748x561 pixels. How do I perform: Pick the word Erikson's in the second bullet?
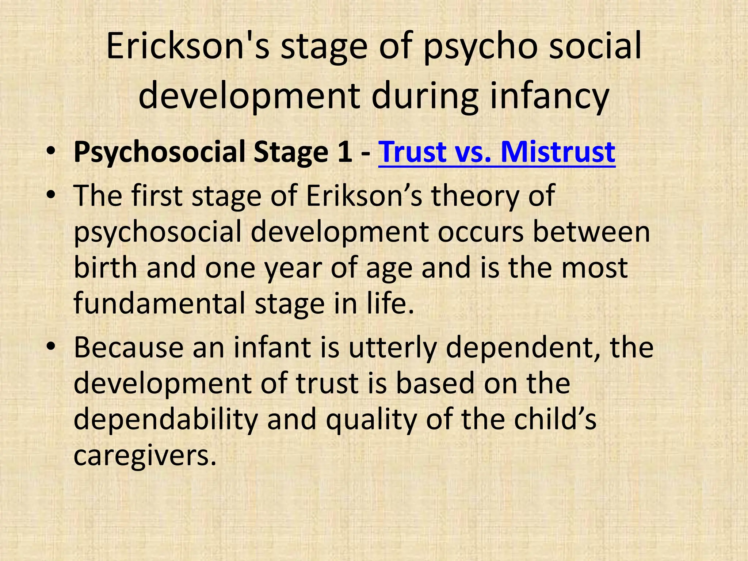(364, 196)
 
